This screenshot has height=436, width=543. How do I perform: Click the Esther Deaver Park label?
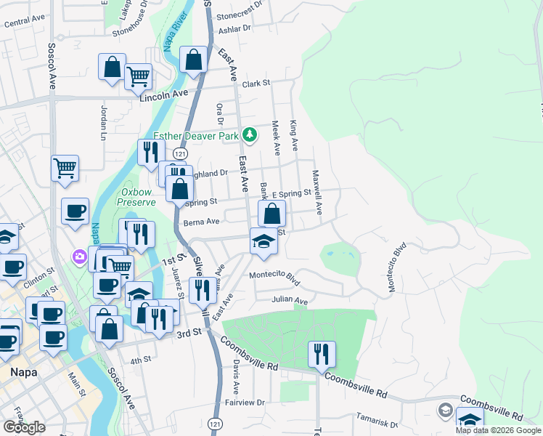pos(195,135)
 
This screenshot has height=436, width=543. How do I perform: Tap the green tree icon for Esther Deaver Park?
pos(250,134)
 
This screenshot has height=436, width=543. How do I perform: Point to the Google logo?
pos(24,427)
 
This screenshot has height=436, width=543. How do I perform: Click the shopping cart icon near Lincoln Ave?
pos(138,76)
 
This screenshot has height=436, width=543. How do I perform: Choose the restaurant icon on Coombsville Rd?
pos(322,355)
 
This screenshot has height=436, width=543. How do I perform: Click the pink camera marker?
pos(78,257)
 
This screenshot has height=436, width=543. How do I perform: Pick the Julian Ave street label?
pos(290,300)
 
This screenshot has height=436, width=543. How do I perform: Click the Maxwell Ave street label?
pos(317,193)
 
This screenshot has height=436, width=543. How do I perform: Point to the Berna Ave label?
pos(201,222)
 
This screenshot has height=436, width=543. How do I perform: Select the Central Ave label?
pos(25,23)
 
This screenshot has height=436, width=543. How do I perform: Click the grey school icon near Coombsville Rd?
pos(444,411)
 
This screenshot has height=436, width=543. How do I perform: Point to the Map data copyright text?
pos(498,430)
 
